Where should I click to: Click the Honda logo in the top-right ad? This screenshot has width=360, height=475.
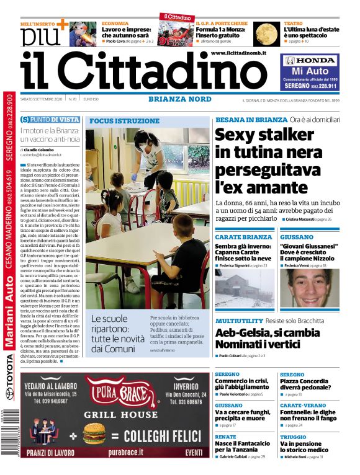pyautogui.click(x=310, y=61)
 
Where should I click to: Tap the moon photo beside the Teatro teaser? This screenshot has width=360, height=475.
pyautogui.click(x=266, y=33)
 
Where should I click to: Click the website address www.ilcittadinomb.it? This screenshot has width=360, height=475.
pyautogui.click(x=238, y=53)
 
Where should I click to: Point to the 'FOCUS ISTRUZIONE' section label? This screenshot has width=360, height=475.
pyautogui.click(x=125, y=121)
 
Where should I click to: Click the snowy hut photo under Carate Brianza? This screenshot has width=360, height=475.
pyautogui.click(x=243, y=290)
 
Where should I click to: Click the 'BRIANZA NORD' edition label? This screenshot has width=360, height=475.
pyautogui.click(x=179, y=99)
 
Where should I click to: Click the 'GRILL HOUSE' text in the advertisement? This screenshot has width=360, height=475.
pyautogui.click(x=115, y=413)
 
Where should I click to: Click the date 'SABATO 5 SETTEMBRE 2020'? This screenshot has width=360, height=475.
pyautogui.click(x=41, y=99)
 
